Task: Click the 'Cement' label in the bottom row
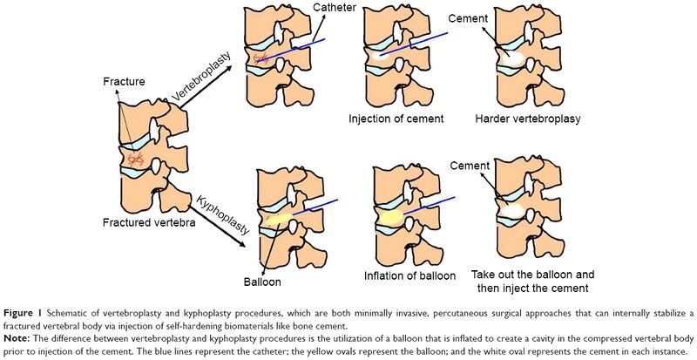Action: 470,166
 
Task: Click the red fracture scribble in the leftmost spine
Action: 134,160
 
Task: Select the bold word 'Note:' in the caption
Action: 20,331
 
